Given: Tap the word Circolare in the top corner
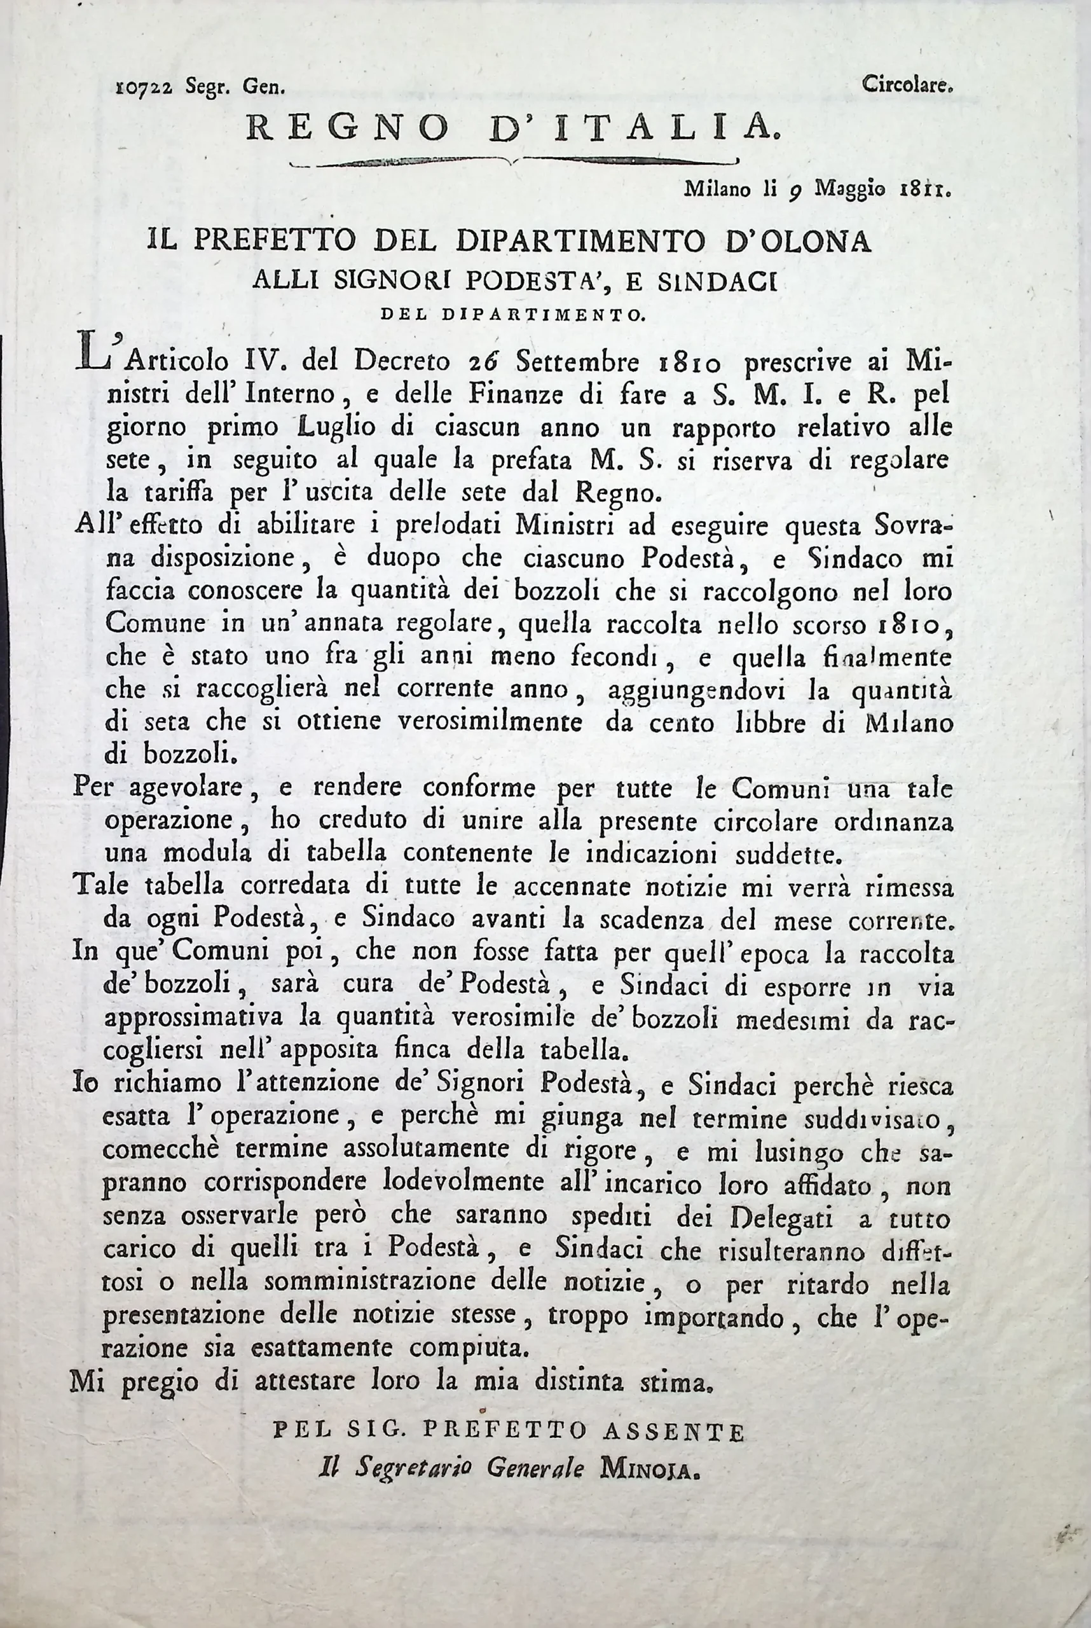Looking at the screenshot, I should click(905, 85).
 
